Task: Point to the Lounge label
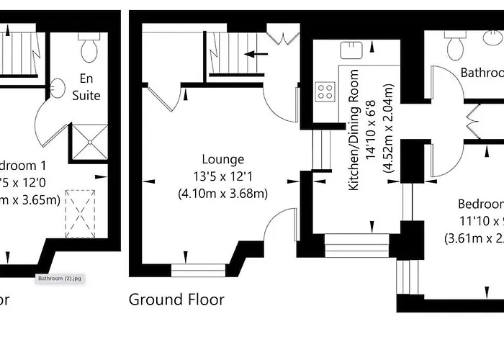(222, 159)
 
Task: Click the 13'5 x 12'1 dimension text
(222, 176)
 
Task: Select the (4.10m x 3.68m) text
(222, 193)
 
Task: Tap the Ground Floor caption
(176, 299)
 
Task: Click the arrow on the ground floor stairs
(256, 53)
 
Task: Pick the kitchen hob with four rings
(325, 91)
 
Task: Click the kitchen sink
(351, 48)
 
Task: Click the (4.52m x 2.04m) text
(388, 130)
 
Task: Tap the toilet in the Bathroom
(456, 47)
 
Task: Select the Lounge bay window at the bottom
(199, 270)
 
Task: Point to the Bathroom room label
(481, 73)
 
